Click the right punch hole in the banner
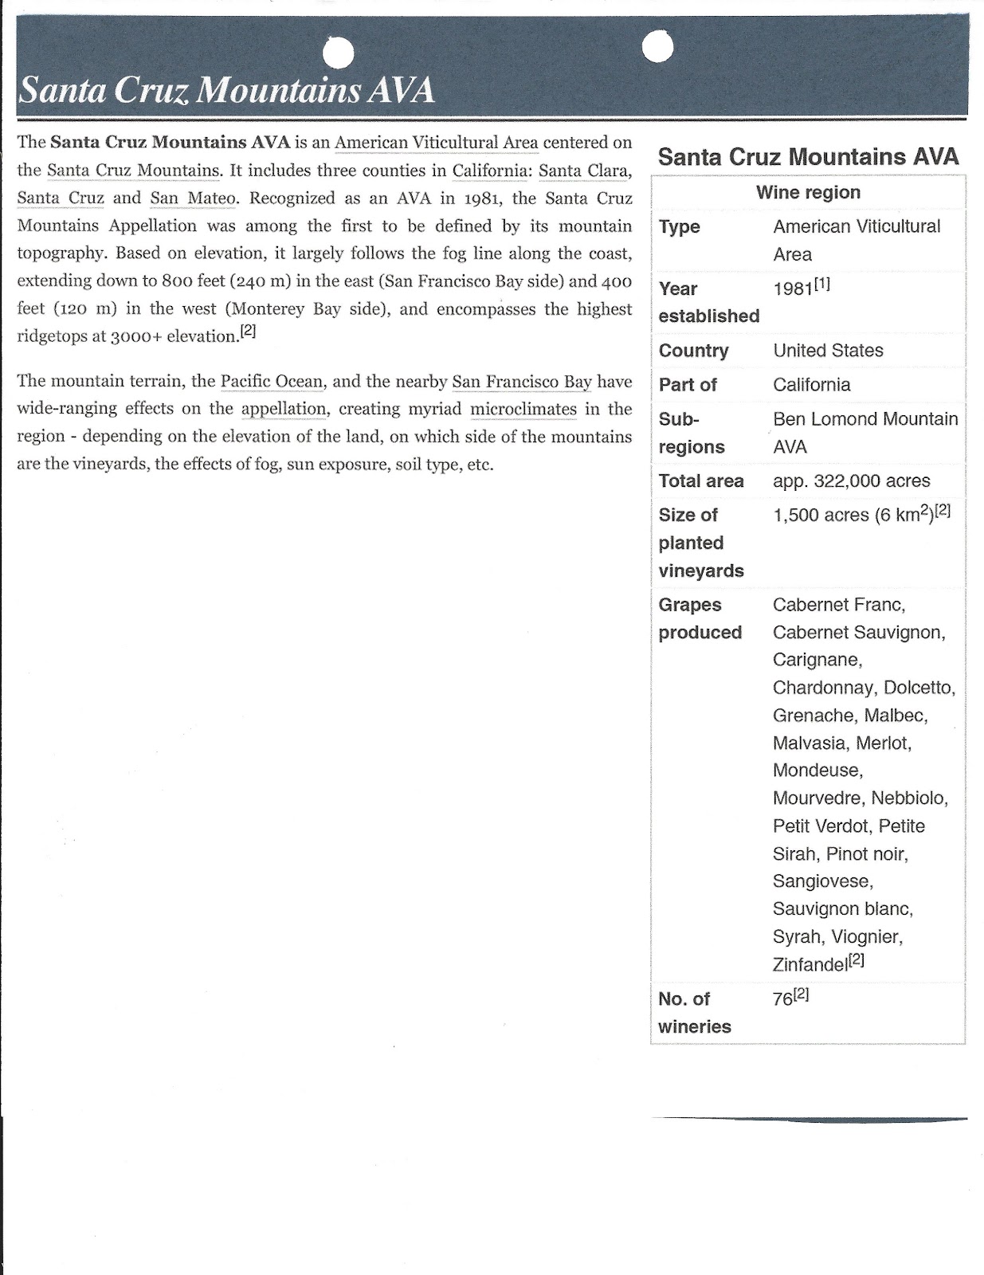click(x=657, y=48)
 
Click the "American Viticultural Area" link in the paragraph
click(x=437, y=143)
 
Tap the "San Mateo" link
click(x=193, y=198)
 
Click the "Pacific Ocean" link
click(x=272, y=382)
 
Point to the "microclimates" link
click(x=523, y=410)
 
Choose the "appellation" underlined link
click(x=284, y=410)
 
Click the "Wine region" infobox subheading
click(x=808, y=193)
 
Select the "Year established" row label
click(x=708, y=302)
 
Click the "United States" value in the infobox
click(x=828, y=351)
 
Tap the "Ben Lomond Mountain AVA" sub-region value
click(x=865, y=433)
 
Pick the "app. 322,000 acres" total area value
click(x=851, y=481)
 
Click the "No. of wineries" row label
click(x=695, y=1013)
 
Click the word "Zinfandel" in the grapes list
click(x=810, y=965)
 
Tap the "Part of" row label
click(x=688, y=385)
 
